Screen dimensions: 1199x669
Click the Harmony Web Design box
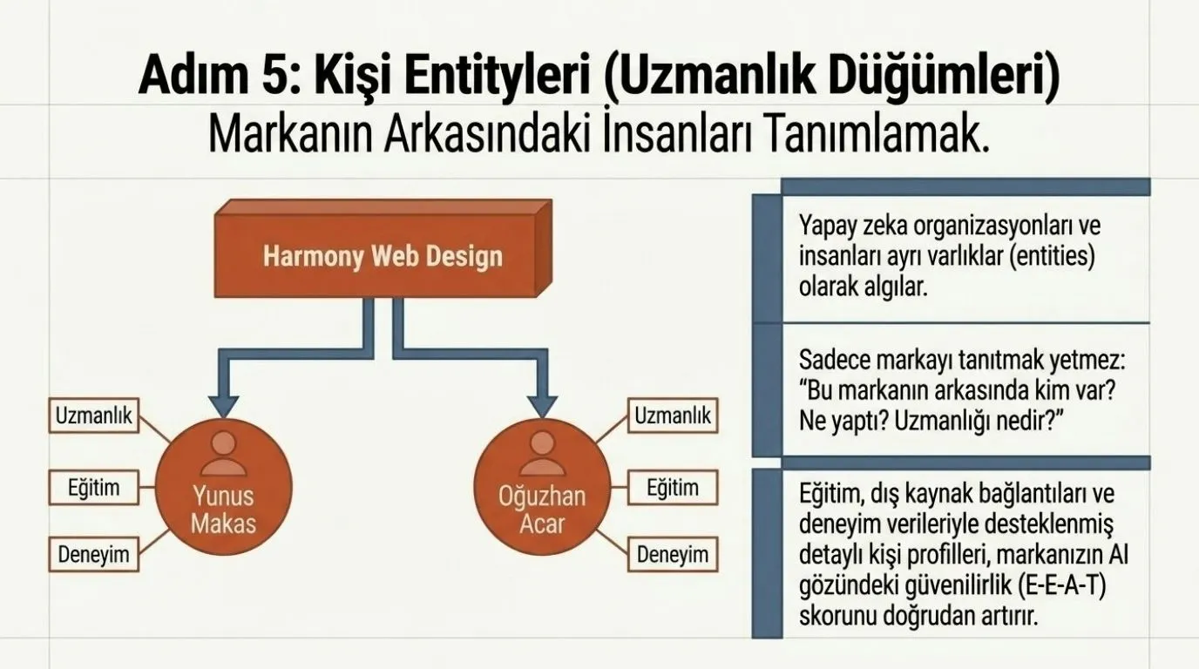pos(383,249)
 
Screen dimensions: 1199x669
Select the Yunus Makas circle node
pos(224,487)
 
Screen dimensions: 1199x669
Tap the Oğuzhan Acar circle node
pos(542,487)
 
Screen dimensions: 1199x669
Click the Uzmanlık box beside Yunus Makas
pos(94,416)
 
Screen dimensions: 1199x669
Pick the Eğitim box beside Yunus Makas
pos(94,488)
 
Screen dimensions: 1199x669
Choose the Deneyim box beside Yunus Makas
pos(94,555)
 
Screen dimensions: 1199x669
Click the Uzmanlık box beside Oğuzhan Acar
pos(673,416)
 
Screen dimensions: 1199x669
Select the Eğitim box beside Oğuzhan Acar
pos(673,488)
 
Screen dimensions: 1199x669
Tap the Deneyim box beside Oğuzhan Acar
pos(673,555)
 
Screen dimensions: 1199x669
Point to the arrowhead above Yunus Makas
pos(224,407)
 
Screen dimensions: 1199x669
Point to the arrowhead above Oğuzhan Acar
pos(542,407)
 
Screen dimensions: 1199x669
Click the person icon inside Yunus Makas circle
pos(224,454)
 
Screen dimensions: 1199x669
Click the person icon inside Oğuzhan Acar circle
pos(542,454)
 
